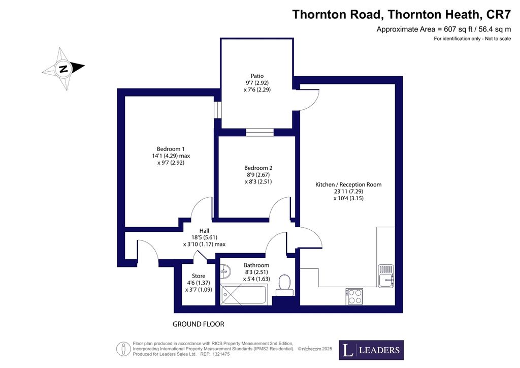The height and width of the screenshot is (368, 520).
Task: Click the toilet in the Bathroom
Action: [x=284, y=285]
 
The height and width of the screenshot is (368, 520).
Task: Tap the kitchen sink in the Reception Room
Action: [x=386, y=276]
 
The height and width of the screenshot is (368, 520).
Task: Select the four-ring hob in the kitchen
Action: [x=354, y=297]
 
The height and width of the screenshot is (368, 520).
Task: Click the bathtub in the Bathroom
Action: [x=244, y=294]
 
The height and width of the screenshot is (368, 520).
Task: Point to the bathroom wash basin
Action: [x=225, y=272]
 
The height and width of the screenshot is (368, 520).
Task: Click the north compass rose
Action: [x=63, y=69]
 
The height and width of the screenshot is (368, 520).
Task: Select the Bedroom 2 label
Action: [x=258, y=168]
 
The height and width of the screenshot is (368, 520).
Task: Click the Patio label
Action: [x=257, y=76]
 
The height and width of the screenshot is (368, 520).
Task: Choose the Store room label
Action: [x=199, y=276]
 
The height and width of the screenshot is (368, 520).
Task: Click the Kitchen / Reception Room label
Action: [x=348, y=185]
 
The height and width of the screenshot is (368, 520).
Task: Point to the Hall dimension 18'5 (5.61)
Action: [x=204, y=237]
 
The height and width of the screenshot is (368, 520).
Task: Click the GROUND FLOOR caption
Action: [x=199, y=324]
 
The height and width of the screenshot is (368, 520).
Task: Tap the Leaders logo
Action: [x=371, y=350]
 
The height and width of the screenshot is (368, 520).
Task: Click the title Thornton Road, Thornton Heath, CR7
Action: [x=401, y=15]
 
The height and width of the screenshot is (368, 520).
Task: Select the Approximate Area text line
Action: [x=444, y=29]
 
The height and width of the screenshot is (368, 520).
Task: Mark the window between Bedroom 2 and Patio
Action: [x=260, y=132]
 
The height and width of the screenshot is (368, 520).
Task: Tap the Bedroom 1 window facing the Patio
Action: [x=217, y=110]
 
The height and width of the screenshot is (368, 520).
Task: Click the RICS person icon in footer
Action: [x=123, y=349]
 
